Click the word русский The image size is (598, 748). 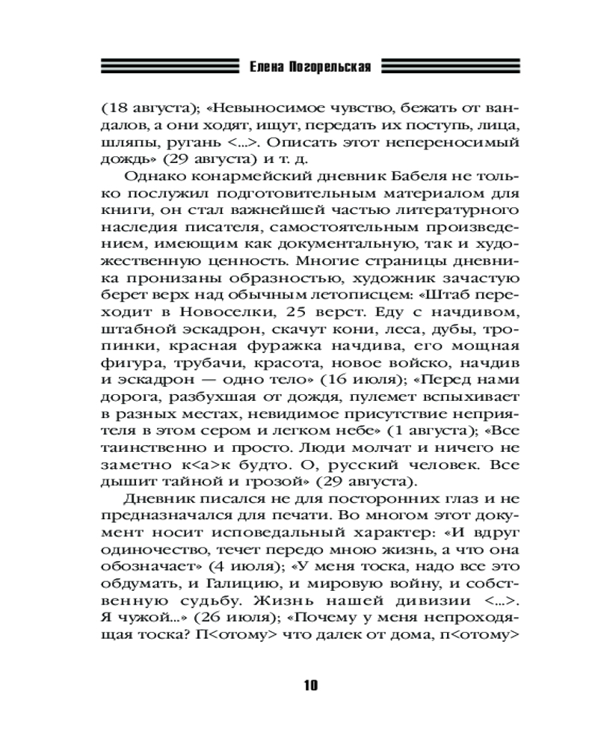pos(366,465)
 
